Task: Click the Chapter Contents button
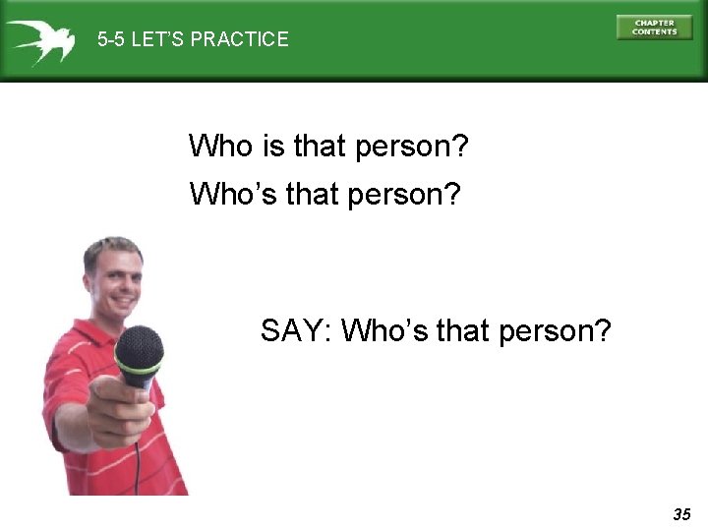(x=654, y=28)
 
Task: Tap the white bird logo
(x=40, y=40)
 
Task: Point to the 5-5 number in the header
(x=113, y=40)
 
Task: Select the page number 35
(x=681, y=514)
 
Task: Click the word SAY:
(x=296, y=330)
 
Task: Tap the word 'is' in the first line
(x=273, y=147)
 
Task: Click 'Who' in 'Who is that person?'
(x=220, y=147)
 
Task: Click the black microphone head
(x=139, y=346)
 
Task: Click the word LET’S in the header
(x=160, y=40)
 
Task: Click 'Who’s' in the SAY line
(x=383, y=330)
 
